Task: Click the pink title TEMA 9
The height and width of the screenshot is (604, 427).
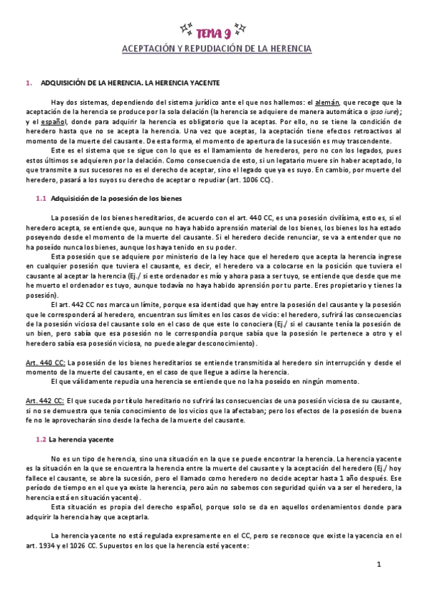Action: click(x=214, y=31)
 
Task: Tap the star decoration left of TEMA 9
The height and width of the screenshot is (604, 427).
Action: click(x=187, y=29)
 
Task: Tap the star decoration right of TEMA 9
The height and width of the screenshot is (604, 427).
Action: click(x=241, y=29)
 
